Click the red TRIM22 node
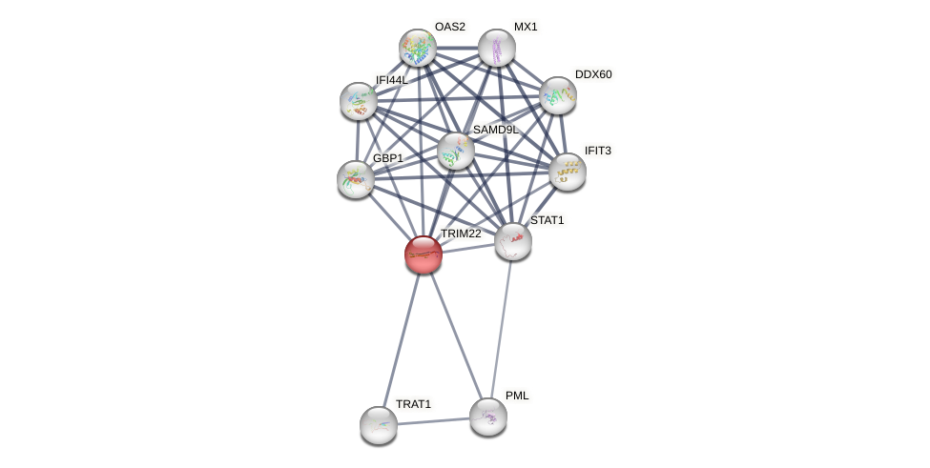424,254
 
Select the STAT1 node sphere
513,241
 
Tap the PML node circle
488,417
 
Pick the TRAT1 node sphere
379,425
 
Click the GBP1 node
356,179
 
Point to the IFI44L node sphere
359,101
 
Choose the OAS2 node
418,48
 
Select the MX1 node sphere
497,48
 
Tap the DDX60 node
558,95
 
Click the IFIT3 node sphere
568,172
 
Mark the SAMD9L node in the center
456,151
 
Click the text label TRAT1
413,404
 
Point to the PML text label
517,396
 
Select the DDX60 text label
593,74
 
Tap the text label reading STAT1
547,220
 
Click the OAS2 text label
449,27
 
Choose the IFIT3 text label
598,151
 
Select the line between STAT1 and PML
501,329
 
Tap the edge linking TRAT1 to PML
434,421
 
